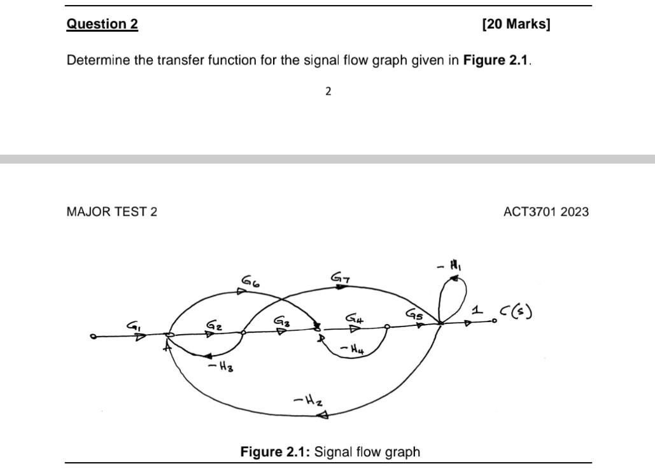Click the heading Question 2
[102, 24]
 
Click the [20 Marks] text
[516, 24]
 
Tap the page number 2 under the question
[328, 91]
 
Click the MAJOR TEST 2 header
[111, 211]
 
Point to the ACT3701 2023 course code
[546, 211]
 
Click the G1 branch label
[134, 326]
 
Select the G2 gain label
[214, 325]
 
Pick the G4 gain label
[354, 318]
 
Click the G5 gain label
[414, 314]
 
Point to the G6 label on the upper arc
[250, 281]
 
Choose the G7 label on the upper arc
[340, 277]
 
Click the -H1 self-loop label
[448, 265]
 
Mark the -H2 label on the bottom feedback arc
[307, 401]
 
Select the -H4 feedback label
[352, 348]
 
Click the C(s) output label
[516, 312]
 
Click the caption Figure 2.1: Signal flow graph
[330, 452]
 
